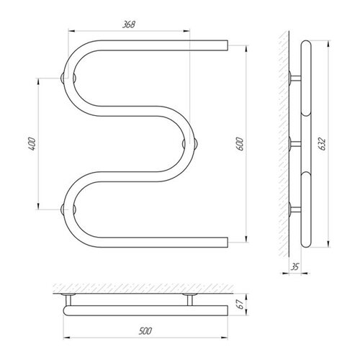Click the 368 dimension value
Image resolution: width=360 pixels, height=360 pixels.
pos(129,24)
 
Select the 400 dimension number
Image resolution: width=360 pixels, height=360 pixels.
pos(32,144)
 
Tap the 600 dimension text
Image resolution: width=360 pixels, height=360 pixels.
pos(240,144)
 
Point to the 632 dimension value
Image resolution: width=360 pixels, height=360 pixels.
pos(323,144)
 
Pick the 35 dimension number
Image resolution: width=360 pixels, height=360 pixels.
pos(295,266)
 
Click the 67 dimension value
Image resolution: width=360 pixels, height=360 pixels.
pos(241,304)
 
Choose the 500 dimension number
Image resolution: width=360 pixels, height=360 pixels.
pos(145,331)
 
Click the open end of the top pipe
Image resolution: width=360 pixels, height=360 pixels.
pos(228,45)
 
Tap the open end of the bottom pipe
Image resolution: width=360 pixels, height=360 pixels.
pos(228,243)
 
